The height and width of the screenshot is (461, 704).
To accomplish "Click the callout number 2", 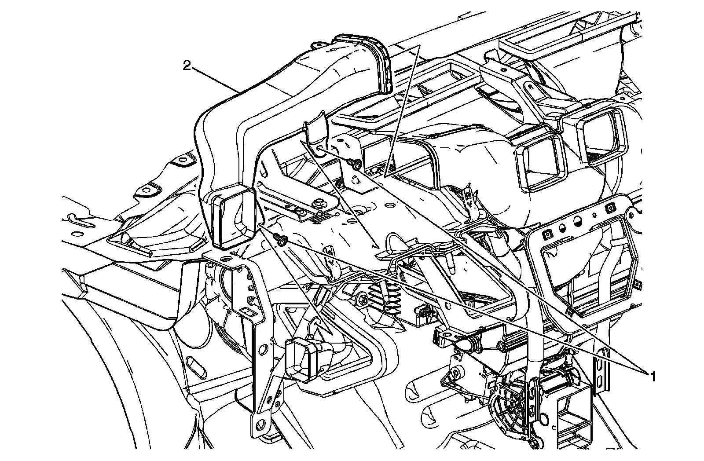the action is tap(187, 66).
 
